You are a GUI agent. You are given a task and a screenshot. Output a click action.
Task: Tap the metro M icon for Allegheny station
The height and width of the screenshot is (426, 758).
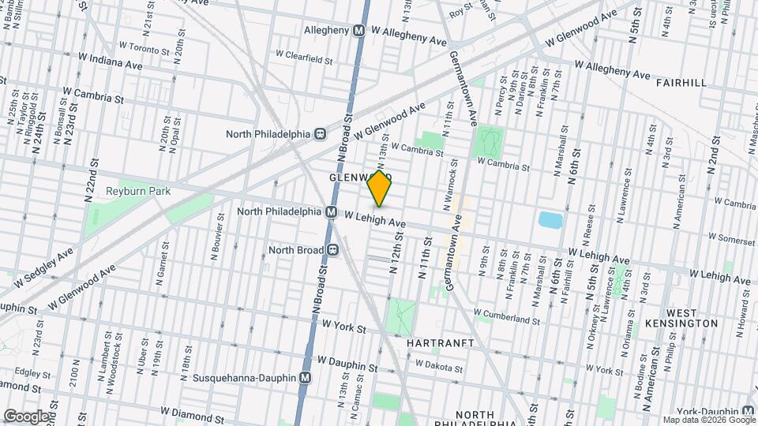[x=358, y=30]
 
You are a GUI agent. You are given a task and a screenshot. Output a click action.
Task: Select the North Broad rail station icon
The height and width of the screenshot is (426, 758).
[x=333, y=250]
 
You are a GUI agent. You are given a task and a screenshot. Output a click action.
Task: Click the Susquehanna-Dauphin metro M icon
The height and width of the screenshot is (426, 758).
[x=305, y=378]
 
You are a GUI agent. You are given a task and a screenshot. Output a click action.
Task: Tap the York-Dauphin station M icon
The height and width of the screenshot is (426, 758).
[x=748, y=411]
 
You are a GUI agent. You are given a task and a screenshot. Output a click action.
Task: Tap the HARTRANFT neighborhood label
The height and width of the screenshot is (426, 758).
[x=441, y=344]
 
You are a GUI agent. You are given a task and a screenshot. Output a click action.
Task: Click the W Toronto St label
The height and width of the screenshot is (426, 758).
[x=145, y=46]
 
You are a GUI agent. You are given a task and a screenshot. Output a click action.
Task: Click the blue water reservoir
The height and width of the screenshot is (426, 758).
[x=547, y=220]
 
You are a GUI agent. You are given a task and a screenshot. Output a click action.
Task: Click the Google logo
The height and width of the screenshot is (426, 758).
[x=26, y=416]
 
